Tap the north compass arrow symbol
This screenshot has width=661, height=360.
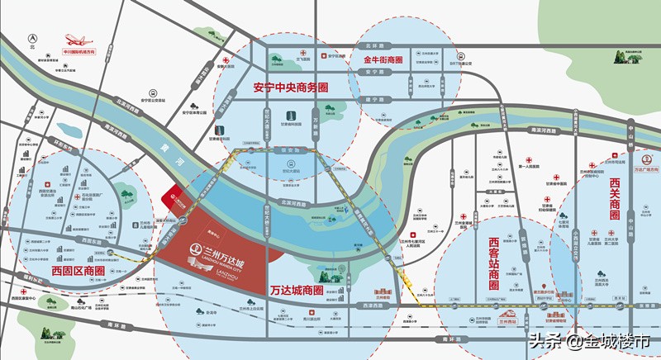point(31,38)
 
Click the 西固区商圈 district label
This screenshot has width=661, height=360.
point(78,270)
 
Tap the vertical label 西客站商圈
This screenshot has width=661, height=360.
point(494,263)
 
